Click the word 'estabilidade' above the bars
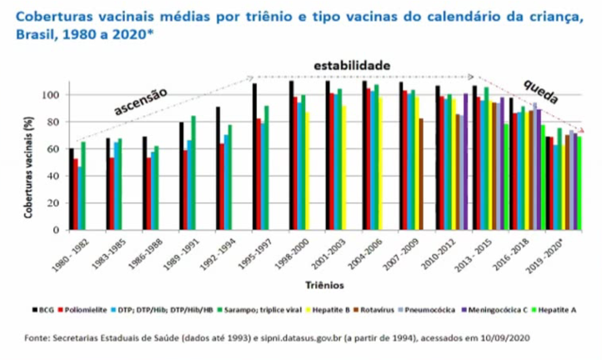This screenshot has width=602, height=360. (x=352, y=65)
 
